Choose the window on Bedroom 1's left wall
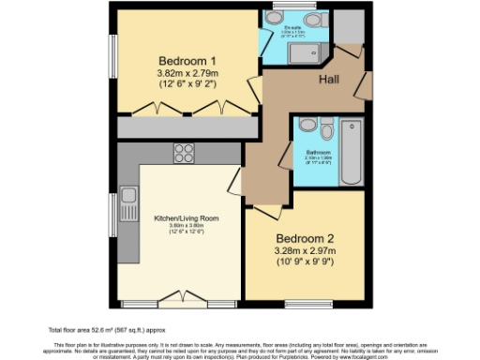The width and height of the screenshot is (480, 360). pyautogui.click(x=113, y=60)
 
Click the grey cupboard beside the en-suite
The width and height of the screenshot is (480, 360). pyautogui.click(x=348, y=30)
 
